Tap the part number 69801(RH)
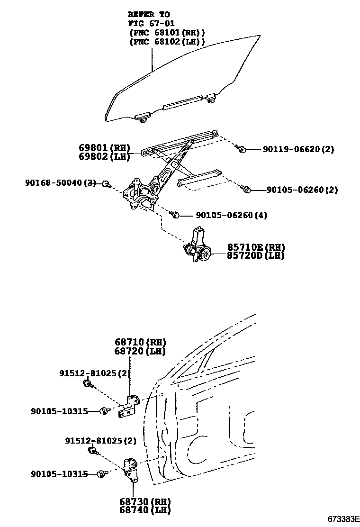(x=105, y=148)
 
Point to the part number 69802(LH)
(x=105, y=156)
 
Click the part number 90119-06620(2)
(x=298, y=149)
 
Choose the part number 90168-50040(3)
(x=61, y=182)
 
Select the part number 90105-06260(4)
(x=231, y=216)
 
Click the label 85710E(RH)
(x=256, y=247)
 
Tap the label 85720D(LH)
(x=256, y=255)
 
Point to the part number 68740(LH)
(x=144, y=510)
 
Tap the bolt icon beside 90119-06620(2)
(x=241, y=149)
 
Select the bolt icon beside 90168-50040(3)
(x=107, y=183)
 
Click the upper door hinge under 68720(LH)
(x=129, y=406)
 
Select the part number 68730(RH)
(x=144, y=501)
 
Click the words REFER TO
(x=149, y=15)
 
